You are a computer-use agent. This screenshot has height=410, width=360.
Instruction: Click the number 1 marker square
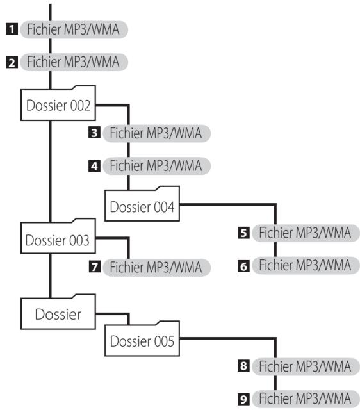(12, 29)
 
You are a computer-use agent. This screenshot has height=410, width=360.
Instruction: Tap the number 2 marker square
(12, 63)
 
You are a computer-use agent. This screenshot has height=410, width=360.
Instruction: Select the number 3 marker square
(94, 133)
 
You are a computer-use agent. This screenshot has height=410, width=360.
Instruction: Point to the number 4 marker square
(94, 166)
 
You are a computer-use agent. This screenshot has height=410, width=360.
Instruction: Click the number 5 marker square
(243, 233)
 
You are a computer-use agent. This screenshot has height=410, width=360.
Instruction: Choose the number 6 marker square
(243, 266)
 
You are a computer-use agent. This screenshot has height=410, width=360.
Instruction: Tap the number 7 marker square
(94, 266)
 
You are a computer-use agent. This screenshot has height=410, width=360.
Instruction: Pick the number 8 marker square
(243, 366)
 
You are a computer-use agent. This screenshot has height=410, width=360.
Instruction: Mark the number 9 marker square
(243, 399)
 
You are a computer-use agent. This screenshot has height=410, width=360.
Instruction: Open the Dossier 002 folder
(58, 104)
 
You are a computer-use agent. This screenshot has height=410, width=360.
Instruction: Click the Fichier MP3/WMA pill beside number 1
(74, 29)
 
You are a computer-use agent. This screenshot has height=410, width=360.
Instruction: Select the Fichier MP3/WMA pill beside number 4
(156, 166)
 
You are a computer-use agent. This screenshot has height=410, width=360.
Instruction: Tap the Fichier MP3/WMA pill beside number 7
(156, 268)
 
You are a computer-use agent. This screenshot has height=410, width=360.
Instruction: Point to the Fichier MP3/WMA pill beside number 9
(306, 399)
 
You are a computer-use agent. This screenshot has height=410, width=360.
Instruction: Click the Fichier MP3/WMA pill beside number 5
(306, 233)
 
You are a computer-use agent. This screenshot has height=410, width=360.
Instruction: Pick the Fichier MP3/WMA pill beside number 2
(74, 62)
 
